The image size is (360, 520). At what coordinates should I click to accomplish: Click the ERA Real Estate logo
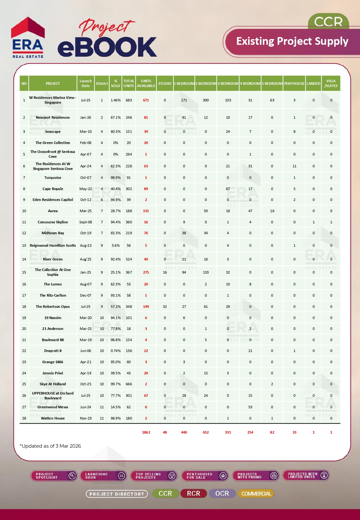pyautogui.click(x=28, y=38)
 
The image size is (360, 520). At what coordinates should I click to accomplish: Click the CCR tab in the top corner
pyautogui.click(x=328, y=22)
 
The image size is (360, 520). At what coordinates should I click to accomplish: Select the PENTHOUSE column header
pyautogui.click(x=294, y=84)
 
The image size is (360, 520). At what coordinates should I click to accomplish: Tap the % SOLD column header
pyautogui.click(x=116, y=84)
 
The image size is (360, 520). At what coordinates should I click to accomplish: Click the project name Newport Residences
pyautogui.click(x=53, y=117)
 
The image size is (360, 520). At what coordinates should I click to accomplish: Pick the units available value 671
pyautogui.click(x=146, y=100)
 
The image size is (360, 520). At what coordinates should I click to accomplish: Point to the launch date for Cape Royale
pyautogui.click(x=85, y=189)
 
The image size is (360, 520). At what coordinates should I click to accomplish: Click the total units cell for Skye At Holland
pyautogui.click(x=129, y=384)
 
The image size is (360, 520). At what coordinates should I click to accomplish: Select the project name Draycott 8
pyautogui.click(x=53, y=351)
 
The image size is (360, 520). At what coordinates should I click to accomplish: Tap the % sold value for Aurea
pyautogui.click(x=116, y=211)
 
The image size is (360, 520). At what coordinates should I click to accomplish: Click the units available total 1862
pyautogui.click(x=146, y=432)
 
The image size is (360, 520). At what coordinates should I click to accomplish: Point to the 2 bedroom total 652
pyautogui.click(x=206, y=432)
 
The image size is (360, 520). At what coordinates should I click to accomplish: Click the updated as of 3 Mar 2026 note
pyautogui.click(x=51, y=446)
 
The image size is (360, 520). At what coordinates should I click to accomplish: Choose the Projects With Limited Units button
pyautogui.click(x=306, y=476)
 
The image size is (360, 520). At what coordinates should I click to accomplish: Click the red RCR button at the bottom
pyautogui.click(x=194, y=493)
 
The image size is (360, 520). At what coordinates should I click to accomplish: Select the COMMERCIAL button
pyautogui.click(x=256, y=493)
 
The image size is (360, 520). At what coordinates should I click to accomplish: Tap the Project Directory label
pyautogui.click(x=117, y=494)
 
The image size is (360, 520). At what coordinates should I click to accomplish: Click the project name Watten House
pyautogui.click(x=53, y=418)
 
